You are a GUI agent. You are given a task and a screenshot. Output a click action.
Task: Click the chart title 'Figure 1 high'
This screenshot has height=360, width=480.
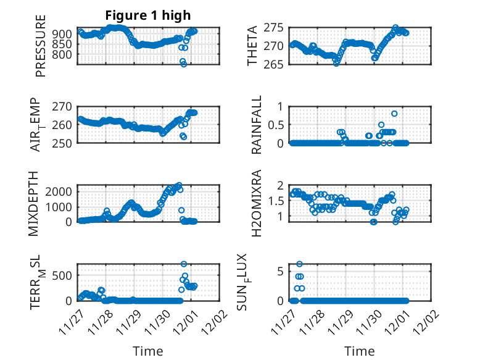[x=147, y=15]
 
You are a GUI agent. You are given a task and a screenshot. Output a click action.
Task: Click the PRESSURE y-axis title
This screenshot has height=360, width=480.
[x=41, y=50]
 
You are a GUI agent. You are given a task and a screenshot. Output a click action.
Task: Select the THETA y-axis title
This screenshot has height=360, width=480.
[x=254, y=46]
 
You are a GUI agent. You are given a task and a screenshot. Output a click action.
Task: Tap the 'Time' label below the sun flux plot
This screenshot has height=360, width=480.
[x=359, y=351]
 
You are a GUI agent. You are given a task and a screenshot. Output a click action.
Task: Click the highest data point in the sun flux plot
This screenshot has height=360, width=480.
[x=299, y=264]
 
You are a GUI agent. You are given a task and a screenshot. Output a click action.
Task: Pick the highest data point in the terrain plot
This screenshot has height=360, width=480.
[x=183, y=264]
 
